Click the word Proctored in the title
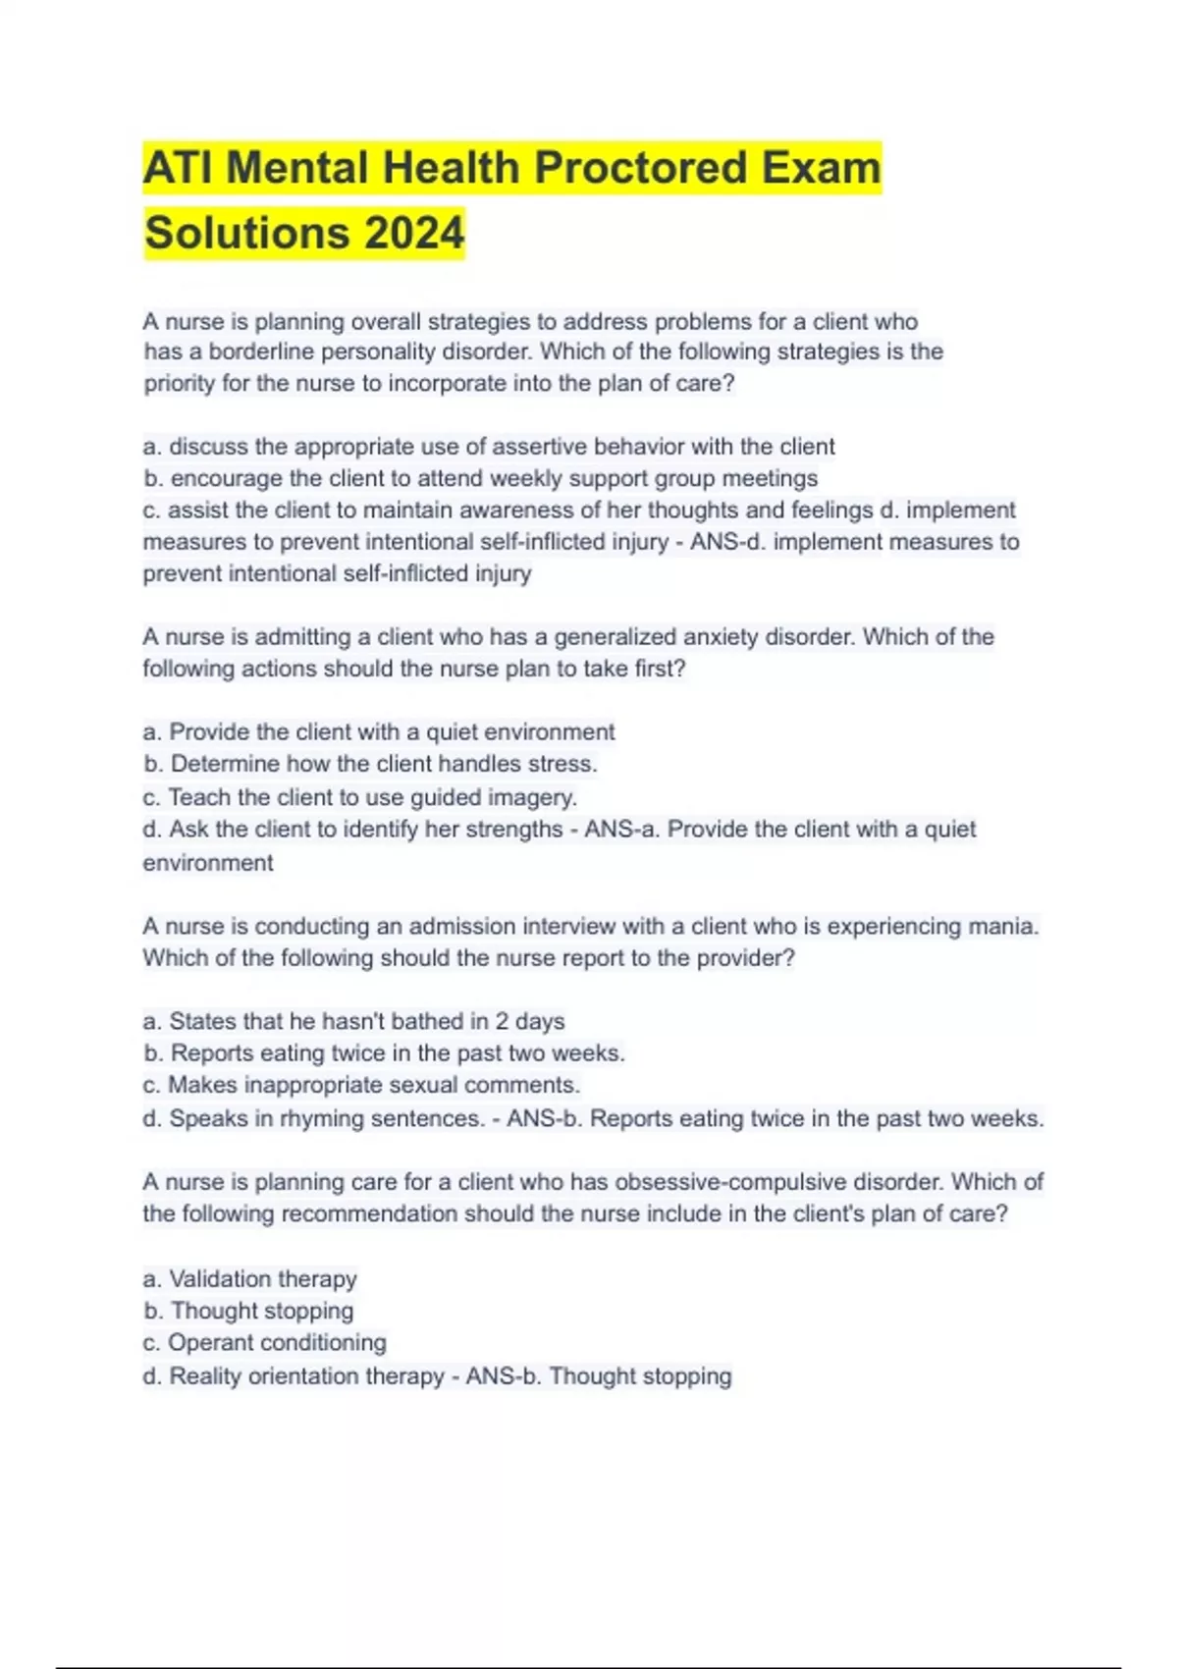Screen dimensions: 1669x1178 coord(641,168)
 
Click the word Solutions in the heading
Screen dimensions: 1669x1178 coord(246,234)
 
